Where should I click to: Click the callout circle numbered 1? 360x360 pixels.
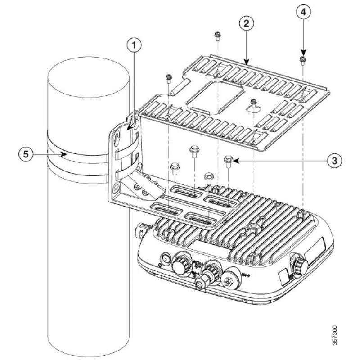coord(134,45)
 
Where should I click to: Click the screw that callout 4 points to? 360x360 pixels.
coord(302,59)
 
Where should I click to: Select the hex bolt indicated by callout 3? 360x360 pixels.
coord(228,160)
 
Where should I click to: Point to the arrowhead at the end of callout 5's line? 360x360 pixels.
coord(66,153)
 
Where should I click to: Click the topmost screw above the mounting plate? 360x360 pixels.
coord(218,35)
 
